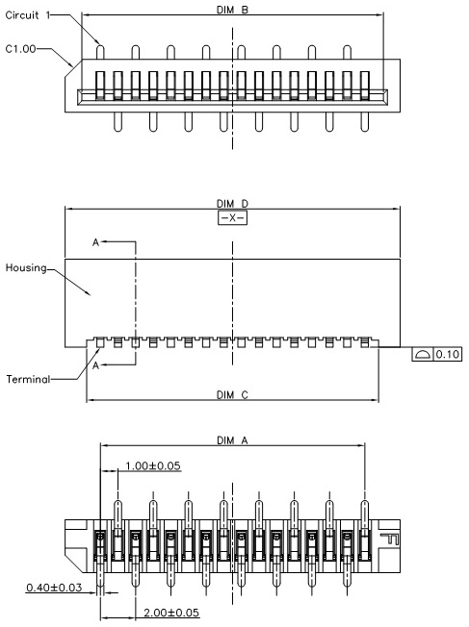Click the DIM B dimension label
point(232,10)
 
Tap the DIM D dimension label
point(232,204)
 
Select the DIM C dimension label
point(232,395)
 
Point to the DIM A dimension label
point(232,440)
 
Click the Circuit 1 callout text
point(28,15)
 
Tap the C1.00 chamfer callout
point(20,49)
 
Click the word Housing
point(26,268)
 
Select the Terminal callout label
point(28,379)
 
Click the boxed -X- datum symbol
point(232,218)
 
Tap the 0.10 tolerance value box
point(448,354)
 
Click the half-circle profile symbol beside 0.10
point(423,354)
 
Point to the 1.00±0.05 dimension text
point(152,465)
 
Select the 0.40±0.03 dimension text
point(54,588)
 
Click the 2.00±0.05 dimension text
point(171,613)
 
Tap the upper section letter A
point(95,242)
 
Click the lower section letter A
point(95,365)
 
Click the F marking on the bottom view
point(389,539)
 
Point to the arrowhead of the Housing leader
point(90,294)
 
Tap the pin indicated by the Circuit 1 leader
point(100,52)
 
